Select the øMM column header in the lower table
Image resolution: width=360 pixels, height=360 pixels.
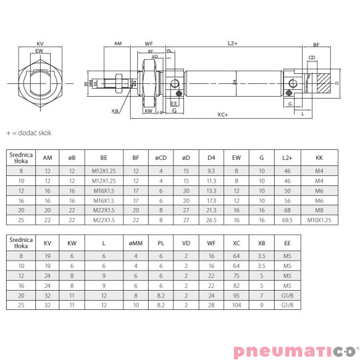135,243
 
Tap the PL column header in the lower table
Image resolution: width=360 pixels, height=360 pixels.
161,243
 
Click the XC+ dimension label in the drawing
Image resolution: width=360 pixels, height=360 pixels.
222,115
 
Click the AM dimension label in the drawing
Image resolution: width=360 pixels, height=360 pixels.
118,43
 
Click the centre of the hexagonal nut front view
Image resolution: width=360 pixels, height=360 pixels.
40,83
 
